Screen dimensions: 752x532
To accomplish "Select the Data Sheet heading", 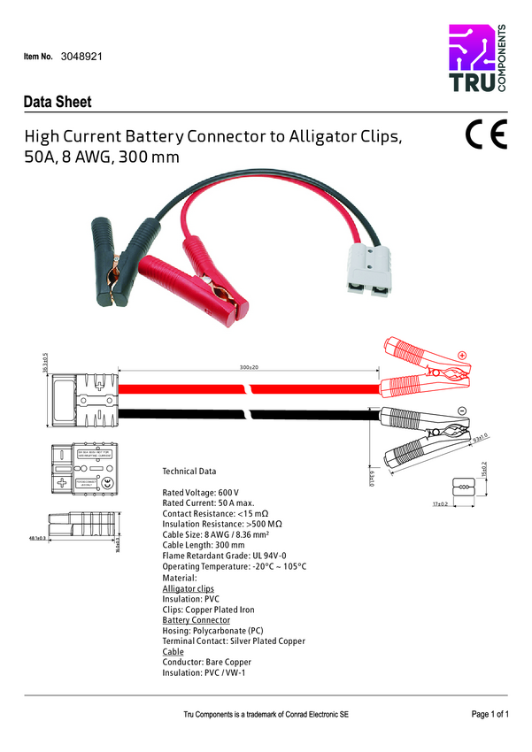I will (x=58, y=102).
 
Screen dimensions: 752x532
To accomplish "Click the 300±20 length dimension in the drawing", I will (x=249, y=367).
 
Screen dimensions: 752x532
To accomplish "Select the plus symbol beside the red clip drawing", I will (x=461, y=355).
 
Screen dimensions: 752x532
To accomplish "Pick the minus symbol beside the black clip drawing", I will (x=461, y=411).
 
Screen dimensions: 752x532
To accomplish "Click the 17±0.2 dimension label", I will (x=441, y=503).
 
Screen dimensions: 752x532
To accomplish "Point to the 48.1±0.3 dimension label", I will (x=37, y=537).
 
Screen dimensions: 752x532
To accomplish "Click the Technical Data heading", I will (x=189, y=472).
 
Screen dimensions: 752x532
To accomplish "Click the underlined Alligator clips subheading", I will (x=189, y=588).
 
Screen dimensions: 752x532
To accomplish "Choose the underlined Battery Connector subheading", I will (x=196, y=620).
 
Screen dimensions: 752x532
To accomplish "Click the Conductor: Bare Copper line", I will (x=207, y=662).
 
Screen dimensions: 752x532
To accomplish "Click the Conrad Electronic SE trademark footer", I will (x=266, y=713).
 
